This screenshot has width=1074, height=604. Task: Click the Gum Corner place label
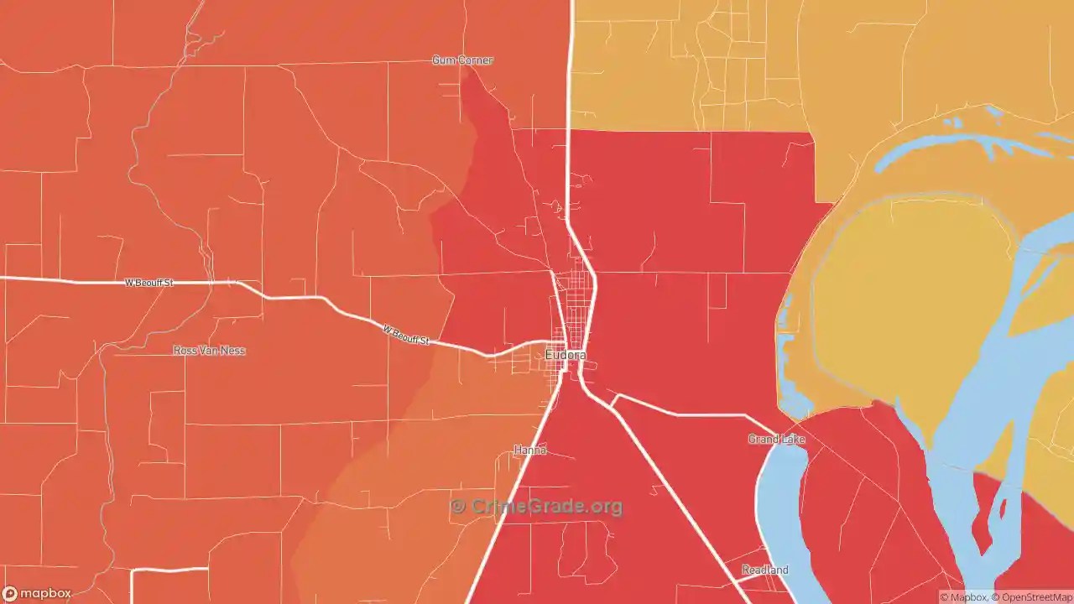point(462,60)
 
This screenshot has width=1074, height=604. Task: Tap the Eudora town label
point(566,355)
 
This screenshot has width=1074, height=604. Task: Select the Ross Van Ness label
point(209,350)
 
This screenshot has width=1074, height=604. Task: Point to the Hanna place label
point(529,450)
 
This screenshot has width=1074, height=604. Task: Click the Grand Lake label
point(776,440)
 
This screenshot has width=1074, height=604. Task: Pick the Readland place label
point(764,570)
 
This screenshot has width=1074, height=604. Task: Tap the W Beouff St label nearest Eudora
point(406,336)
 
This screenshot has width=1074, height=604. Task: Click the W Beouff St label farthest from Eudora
point(149,283)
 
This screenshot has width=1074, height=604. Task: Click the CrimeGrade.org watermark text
point(546,507)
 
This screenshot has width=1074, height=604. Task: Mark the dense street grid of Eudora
point(575,310)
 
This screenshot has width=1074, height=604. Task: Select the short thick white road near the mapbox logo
point(169,570)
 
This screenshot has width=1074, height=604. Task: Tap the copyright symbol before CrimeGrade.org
point(457,507)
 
